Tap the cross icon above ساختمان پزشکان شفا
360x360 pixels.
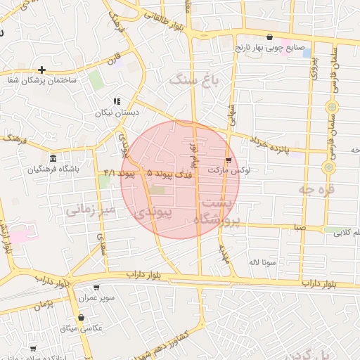(x=42, y=70)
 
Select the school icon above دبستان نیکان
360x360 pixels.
(x=117, y=101)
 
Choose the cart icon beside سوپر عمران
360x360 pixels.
(x=96, y=288)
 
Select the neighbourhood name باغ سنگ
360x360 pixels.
(x=193, y=81)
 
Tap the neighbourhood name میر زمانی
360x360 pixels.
(x=89, y=209)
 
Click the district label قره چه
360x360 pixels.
(x=315, y=188)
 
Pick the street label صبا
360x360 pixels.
(x=300, y=228)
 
